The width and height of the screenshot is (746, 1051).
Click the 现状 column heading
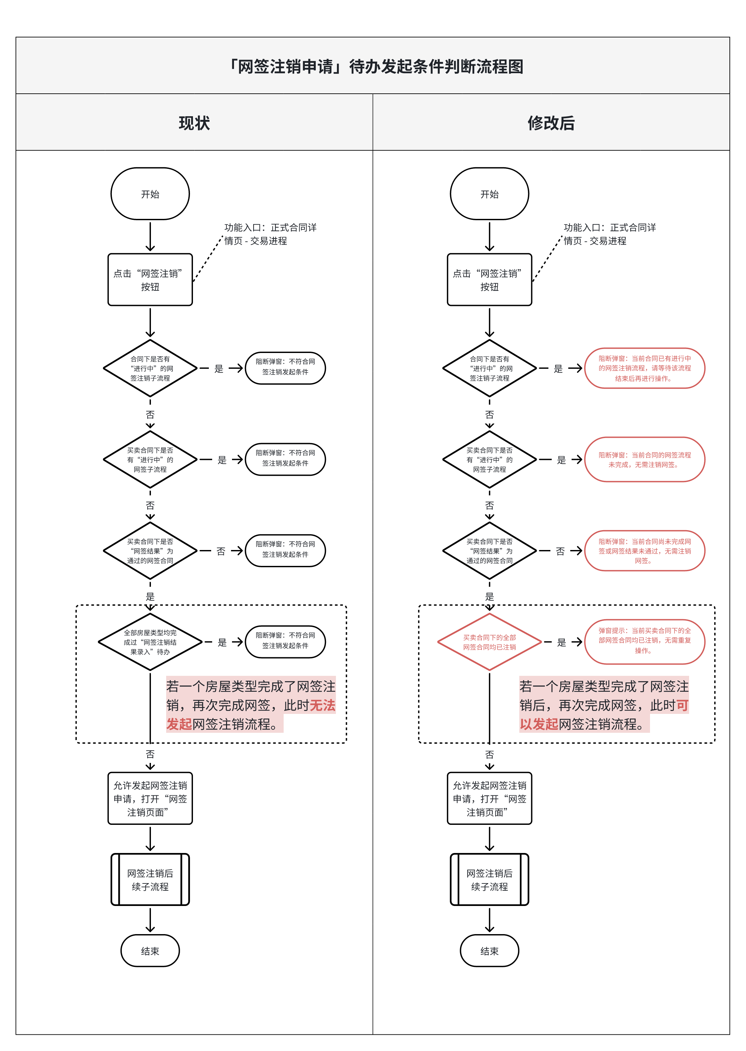[x=194, y=123]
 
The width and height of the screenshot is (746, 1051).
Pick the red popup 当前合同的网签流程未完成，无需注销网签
[x=644, y=460]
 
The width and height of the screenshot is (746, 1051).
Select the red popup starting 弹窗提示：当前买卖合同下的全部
[x=644, y=641]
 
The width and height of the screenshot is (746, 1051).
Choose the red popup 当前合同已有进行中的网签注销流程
[x=644, y=368]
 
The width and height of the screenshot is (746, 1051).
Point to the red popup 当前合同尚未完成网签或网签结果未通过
[x=644, y=551]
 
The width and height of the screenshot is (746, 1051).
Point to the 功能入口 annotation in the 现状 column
[x=270, y=234]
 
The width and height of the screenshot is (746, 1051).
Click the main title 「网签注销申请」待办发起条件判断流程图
[x=376, y=67]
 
